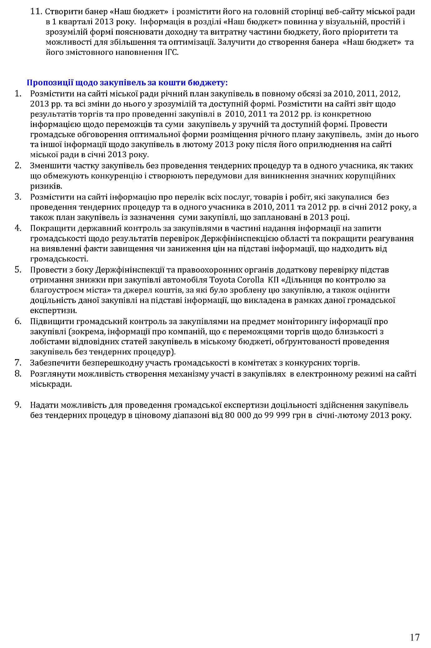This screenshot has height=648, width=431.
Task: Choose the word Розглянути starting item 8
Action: coord(51,373)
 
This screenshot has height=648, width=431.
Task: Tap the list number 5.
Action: coord(18,269)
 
